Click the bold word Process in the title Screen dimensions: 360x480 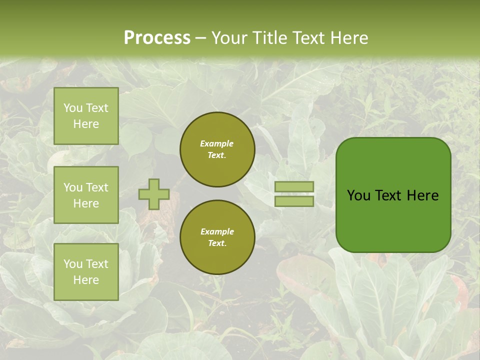point(157,37)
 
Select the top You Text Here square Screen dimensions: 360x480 point(86,116)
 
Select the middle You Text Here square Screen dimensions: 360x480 point(86,195)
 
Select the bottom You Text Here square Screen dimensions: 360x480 point(86,272)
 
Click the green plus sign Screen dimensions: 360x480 point(154,194)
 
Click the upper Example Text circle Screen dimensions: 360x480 point(217,149)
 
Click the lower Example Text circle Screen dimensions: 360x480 point(217,237)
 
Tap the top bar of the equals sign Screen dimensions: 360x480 point(294,187)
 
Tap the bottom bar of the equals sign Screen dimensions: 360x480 point(294,201)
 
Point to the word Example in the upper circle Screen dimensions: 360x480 point(217,143)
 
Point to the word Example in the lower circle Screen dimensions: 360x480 point(217,231)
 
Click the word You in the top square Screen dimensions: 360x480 point(73,108)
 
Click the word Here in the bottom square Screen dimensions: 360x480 point(86,280)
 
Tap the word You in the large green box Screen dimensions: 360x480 point(358,195)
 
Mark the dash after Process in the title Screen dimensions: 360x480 point(201,37)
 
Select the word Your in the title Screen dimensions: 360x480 point(227,37)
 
